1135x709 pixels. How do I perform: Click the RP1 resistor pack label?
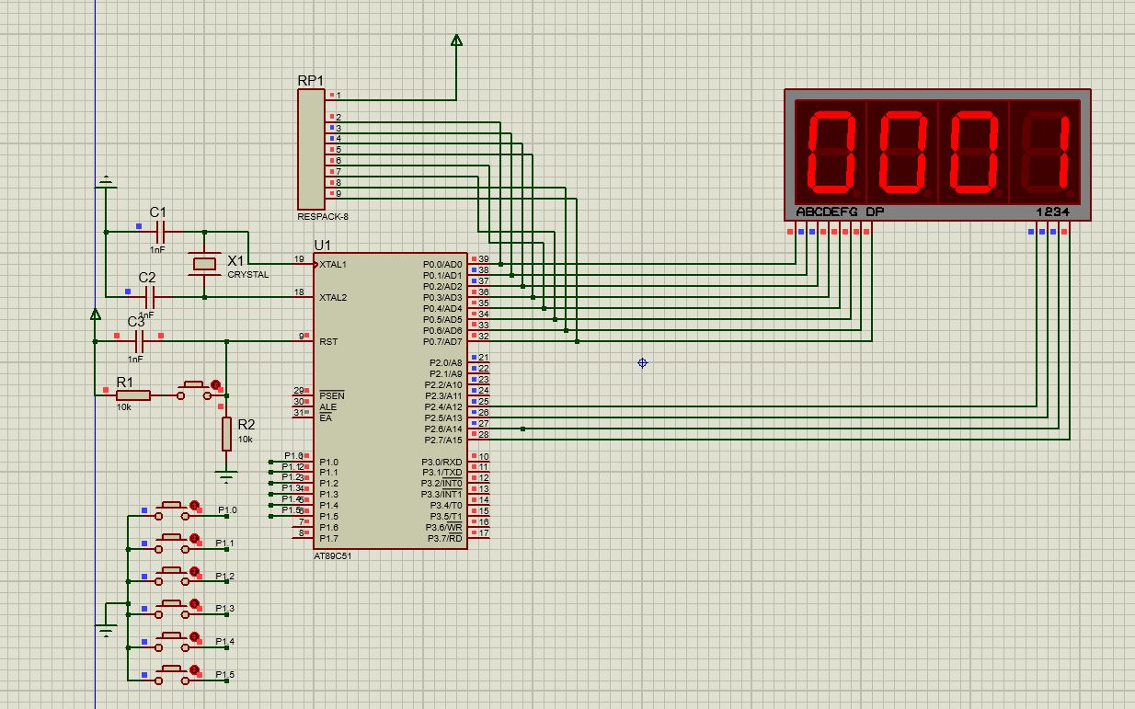(311, 80)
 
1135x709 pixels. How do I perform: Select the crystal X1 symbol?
(204, 264)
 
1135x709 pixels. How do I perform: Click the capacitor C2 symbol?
(148, 297)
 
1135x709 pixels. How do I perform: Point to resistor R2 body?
(226, 433)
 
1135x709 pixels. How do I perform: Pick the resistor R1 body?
(133, 395)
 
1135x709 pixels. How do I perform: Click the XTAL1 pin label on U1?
(333, 265)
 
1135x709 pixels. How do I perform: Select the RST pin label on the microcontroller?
(328, 342)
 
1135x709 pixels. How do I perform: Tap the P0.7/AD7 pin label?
(442, 342)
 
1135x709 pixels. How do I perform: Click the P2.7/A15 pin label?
(442, 440)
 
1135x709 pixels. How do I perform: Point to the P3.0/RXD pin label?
(442, 463)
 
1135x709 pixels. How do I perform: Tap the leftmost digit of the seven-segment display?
(831, 152)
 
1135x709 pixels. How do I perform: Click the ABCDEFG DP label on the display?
(840, 212)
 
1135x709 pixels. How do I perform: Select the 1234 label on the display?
(1052, 212)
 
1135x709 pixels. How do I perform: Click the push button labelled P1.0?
(171, 507)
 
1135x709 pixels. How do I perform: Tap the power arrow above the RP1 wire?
(456, 40)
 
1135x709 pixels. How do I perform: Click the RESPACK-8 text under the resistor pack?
(323, 217)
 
